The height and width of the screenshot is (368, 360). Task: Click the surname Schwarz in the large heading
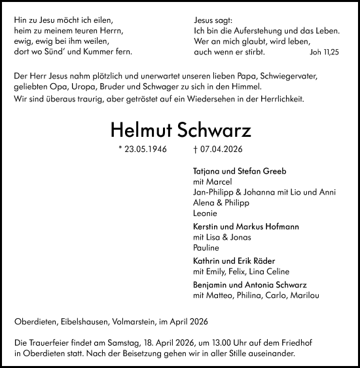point(218,128)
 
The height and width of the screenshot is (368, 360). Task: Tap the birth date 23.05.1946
point(142,149)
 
